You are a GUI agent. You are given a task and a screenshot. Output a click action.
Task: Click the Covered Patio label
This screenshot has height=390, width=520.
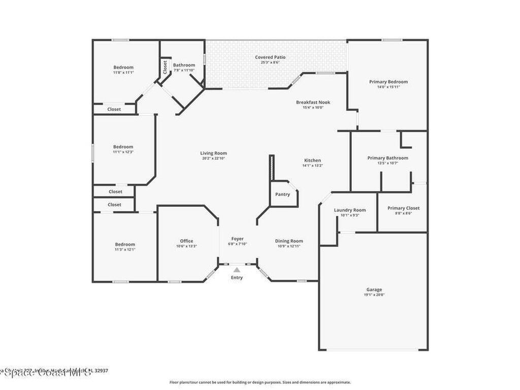270,57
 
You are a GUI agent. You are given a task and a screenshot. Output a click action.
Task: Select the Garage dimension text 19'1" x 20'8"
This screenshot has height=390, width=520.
374,295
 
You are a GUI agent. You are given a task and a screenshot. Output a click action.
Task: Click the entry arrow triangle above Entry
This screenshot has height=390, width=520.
237,271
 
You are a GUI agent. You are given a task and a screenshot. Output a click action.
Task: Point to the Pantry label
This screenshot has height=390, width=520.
282,194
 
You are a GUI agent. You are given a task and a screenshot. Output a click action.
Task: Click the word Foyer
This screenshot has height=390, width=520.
237,239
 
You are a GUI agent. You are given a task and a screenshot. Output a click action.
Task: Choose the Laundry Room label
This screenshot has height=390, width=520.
349,210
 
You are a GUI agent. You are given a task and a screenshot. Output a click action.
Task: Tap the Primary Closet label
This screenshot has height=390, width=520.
403,208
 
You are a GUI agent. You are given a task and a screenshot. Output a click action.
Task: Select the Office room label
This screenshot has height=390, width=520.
186,241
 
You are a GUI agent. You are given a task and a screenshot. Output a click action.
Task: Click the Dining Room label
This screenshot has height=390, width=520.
289,241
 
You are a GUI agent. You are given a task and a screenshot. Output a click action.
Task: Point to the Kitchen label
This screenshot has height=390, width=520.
312,160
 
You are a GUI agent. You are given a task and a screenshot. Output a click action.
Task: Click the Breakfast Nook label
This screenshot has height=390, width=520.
313,102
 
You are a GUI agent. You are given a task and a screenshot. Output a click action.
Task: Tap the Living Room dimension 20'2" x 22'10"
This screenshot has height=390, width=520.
213,158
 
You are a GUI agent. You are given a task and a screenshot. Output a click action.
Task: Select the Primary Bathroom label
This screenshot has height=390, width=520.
387,158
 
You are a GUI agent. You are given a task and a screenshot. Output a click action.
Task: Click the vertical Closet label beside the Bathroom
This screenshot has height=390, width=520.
165,67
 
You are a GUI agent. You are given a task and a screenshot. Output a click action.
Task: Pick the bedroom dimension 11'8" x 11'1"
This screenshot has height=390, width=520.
123,73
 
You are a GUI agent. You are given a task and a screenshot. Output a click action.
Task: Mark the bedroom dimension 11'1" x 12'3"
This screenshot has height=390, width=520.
123,152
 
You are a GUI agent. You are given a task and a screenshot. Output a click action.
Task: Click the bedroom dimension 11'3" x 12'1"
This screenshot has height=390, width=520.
124,249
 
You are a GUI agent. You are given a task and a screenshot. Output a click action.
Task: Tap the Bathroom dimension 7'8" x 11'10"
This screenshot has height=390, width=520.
184,70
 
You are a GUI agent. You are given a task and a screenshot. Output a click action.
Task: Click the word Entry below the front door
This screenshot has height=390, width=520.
237,278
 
